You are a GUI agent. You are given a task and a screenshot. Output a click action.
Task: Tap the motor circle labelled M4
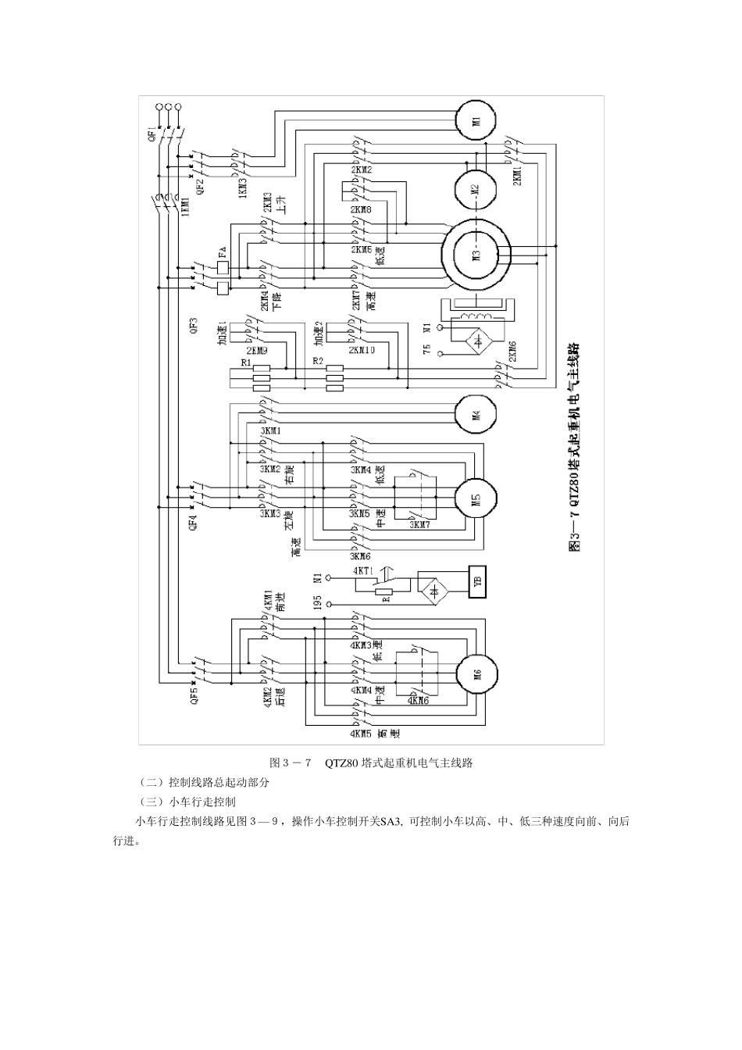pos(476,414)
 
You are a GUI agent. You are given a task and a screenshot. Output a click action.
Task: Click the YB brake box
pos(478,581)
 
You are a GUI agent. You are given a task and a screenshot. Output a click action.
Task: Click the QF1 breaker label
pos(152,137)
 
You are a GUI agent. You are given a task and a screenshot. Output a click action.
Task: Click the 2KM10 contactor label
pos(363,351)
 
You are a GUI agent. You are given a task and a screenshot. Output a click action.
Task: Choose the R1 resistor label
pos(246,363)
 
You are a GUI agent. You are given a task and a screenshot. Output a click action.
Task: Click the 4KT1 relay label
pos(365,571)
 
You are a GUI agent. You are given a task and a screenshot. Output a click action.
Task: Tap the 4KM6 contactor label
pos(418,701)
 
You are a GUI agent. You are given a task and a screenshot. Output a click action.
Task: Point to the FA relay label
pos(223,255)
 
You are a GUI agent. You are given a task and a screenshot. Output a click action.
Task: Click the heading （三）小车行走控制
pos(186,802)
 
